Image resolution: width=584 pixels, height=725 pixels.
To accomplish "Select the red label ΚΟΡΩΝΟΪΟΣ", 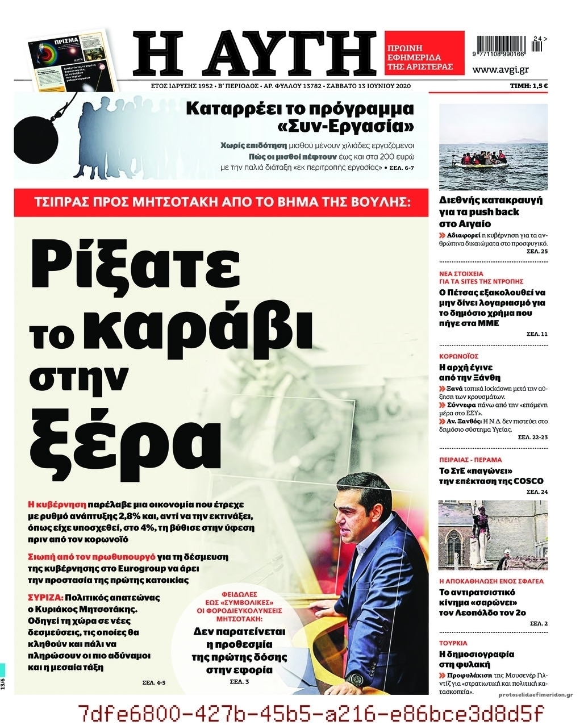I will click(459, 356).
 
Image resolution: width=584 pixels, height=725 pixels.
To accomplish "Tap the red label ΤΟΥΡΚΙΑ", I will click(453, 643).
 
